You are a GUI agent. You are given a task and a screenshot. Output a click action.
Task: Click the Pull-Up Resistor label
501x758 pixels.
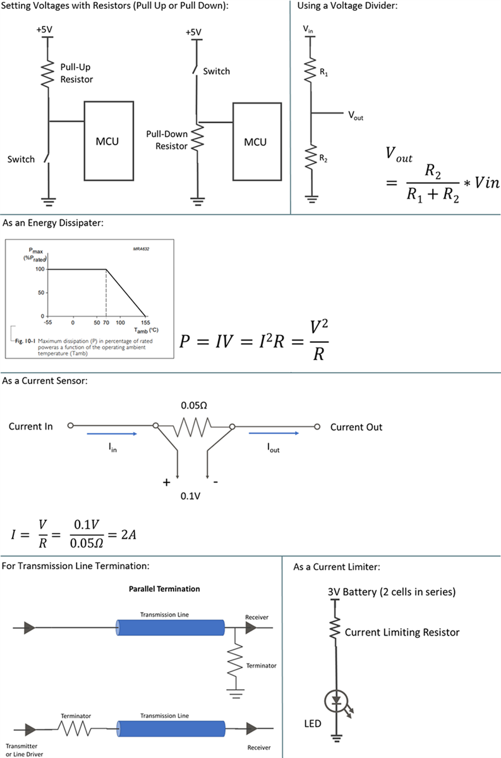(76, 73)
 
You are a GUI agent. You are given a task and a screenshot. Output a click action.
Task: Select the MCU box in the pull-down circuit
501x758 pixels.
(255, 142)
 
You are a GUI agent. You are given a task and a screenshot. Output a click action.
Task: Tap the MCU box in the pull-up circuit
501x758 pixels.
(109, 141)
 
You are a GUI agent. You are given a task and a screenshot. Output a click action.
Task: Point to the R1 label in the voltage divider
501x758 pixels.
(324, 74)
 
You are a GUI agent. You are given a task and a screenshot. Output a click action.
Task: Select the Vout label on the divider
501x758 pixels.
(355, 116)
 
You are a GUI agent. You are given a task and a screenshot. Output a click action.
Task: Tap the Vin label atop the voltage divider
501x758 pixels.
(309, 30)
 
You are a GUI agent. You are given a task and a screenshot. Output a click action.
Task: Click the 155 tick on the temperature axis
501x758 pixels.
(146, 322)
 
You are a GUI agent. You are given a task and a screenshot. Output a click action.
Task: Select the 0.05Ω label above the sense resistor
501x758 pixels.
(194, 405)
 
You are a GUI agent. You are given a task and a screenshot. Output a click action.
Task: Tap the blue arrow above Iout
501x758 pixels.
(274, 434)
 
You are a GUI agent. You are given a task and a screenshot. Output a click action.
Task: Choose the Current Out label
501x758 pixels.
(356, 427)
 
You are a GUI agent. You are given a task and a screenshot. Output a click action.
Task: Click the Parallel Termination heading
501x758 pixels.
(160, 589)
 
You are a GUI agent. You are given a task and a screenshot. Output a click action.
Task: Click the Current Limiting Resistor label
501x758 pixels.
(402, 632)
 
